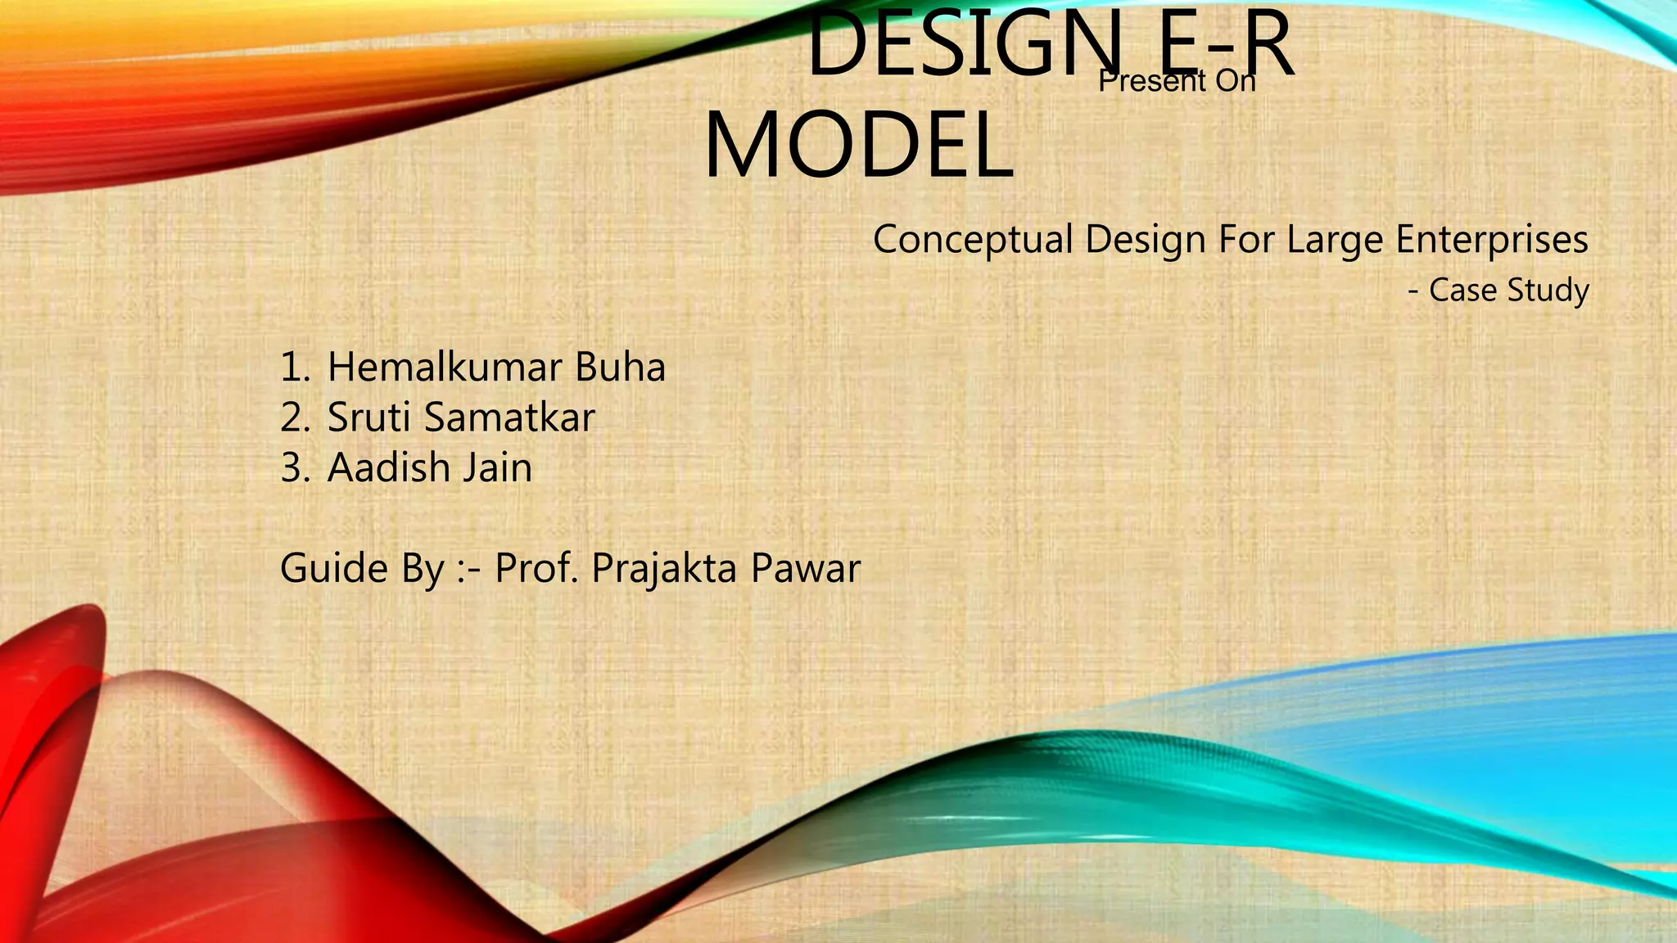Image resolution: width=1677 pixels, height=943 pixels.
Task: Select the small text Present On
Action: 1177,81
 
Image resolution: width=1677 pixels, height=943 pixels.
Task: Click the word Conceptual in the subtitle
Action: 972,240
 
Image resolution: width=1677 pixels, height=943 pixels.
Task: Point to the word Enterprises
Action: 1492,240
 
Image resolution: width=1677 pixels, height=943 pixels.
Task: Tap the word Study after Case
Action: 1550,290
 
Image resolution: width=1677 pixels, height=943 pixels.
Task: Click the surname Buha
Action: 620,367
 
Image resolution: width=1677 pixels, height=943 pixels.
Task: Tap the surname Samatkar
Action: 509,417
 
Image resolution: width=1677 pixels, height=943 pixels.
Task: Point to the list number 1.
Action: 294,367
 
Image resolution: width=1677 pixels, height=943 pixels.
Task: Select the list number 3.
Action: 294,468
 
